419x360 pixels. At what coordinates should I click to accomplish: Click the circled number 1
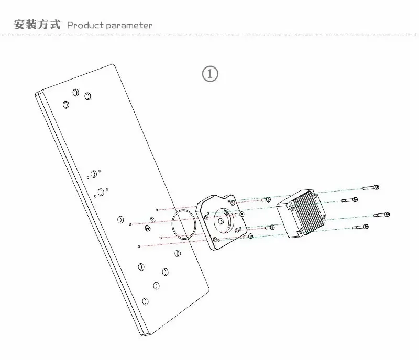click(x=210, y=74)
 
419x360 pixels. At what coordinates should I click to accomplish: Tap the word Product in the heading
click(x=86, y=25)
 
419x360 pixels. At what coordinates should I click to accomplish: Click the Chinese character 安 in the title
click(x=19, y=25)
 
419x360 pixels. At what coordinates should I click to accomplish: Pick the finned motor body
click(x=302, y=215)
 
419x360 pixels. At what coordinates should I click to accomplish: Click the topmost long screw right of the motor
click(x=370, y=187)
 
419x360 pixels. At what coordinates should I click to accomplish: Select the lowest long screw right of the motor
click(x=361, y=227)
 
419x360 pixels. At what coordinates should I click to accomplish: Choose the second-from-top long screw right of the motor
click(x=350, y=200)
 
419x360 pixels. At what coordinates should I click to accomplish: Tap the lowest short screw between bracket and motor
click(x=248, y=237)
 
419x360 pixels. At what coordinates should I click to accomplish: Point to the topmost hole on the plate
click(x=76, y=92)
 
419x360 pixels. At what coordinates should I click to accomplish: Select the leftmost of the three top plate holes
click(x=65, y=105)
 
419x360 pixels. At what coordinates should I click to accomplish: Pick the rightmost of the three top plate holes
click(x=87, y=97)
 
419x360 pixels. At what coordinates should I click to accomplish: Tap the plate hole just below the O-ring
click(x=177, y=254)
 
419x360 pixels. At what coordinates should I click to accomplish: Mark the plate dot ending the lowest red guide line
click(x=139, y=246)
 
